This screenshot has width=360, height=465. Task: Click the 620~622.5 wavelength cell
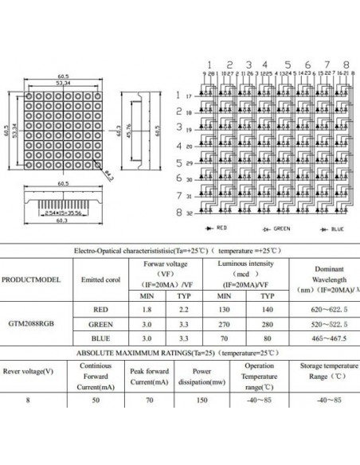(323, 309)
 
